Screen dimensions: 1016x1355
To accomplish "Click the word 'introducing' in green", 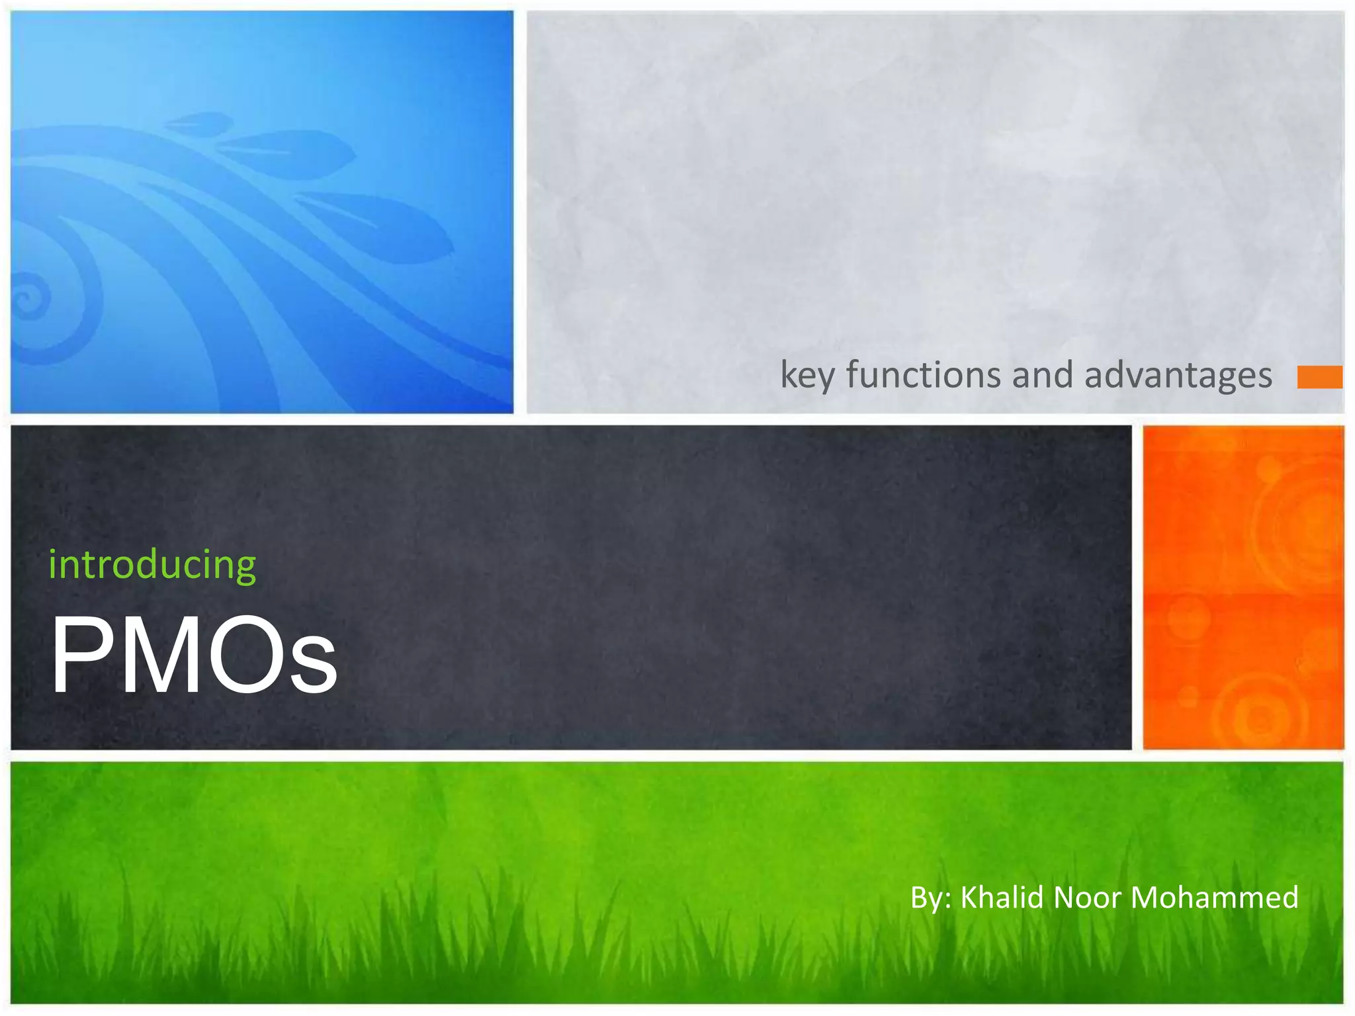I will [x=152, y=566].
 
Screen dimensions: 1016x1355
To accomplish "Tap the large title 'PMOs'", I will [x=194, y=655].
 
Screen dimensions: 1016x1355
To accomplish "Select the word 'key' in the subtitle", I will [x=807, y=376].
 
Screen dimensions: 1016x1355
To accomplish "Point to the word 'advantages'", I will [x=1178, y=376].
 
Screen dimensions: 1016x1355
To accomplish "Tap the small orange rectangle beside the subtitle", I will [x=1319, y=377].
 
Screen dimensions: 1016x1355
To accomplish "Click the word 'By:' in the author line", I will [x=930, y=898].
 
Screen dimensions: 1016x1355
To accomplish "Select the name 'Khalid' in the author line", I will [x=1002, y=898].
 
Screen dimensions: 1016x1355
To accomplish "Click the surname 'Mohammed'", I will [x=1215, y=898].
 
